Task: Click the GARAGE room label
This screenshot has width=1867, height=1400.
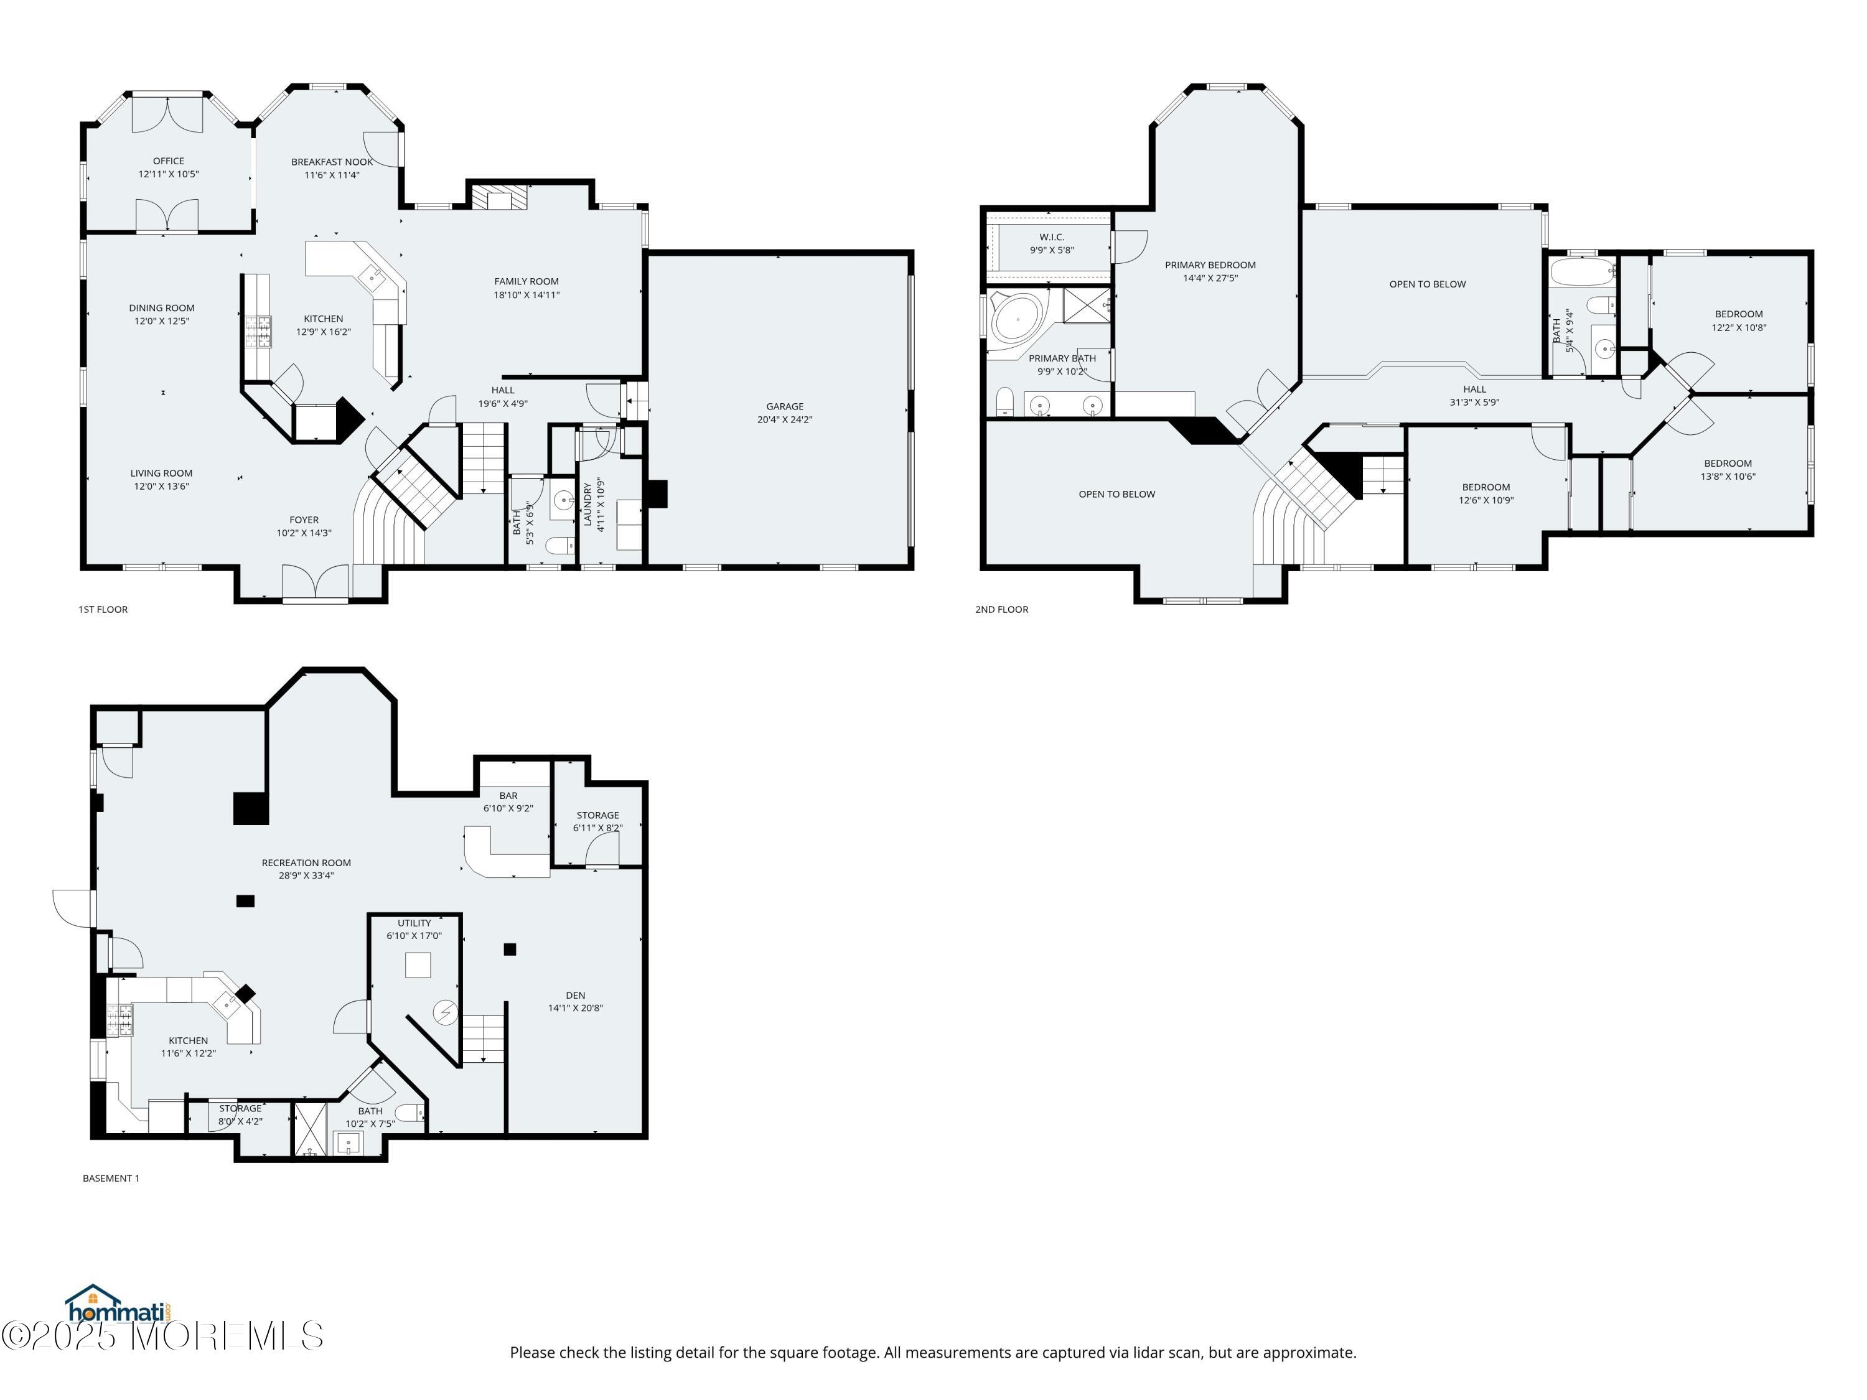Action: pos(784,407)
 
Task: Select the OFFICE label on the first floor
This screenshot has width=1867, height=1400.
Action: pos(169,161)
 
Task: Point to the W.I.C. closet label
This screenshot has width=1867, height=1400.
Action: pos(1052,237)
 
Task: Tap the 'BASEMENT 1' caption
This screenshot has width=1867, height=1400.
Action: pos(111,1178)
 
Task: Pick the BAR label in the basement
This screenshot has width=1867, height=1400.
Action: pos(508,796)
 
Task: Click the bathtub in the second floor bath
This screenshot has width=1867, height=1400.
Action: pos(1582,273)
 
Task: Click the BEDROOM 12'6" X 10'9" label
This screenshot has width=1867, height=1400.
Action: pos(1486,488)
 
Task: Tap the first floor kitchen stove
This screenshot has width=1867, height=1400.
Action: pos(258,332)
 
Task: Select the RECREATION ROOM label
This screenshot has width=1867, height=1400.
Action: pos(306,863)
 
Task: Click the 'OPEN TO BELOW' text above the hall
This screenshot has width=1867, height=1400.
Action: pos(1427,284)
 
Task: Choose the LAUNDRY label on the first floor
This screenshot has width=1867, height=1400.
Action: pos(588,505)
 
